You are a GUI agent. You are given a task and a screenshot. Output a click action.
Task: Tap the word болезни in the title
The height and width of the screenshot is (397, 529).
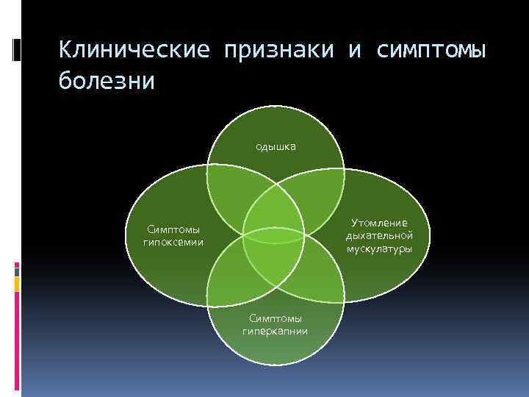click(x=107, y=79)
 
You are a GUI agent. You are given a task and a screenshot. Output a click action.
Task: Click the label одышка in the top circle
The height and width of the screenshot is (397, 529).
click(x=276, y=146)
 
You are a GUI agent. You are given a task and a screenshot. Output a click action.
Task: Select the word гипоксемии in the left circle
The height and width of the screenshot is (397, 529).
click(x=174, y=241)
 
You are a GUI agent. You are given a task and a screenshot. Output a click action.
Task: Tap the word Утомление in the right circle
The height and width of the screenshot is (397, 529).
click(x=379, y=222)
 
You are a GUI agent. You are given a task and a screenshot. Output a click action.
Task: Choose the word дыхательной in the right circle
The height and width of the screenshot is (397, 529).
click(x=379, y=235)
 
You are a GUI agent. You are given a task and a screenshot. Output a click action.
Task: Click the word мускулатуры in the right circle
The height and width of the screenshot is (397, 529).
click(x=379, y=248)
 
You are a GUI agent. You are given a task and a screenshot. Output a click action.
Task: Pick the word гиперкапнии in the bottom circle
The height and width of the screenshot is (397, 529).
click(x=276, y=331)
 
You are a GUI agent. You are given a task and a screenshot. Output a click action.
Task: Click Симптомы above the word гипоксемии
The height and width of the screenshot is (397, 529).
click(x=174, y=229)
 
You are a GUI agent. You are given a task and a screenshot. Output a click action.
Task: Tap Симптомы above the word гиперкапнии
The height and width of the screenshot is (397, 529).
click(x=276, y=318)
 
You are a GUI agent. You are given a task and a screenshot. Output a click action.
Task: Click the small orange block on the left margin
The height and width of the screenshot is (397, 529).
click(x=17, y=284)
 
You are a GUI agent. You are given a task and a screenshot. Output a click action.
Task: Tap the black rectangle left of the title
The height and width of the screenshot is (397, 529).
click(x=17, y=49)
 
